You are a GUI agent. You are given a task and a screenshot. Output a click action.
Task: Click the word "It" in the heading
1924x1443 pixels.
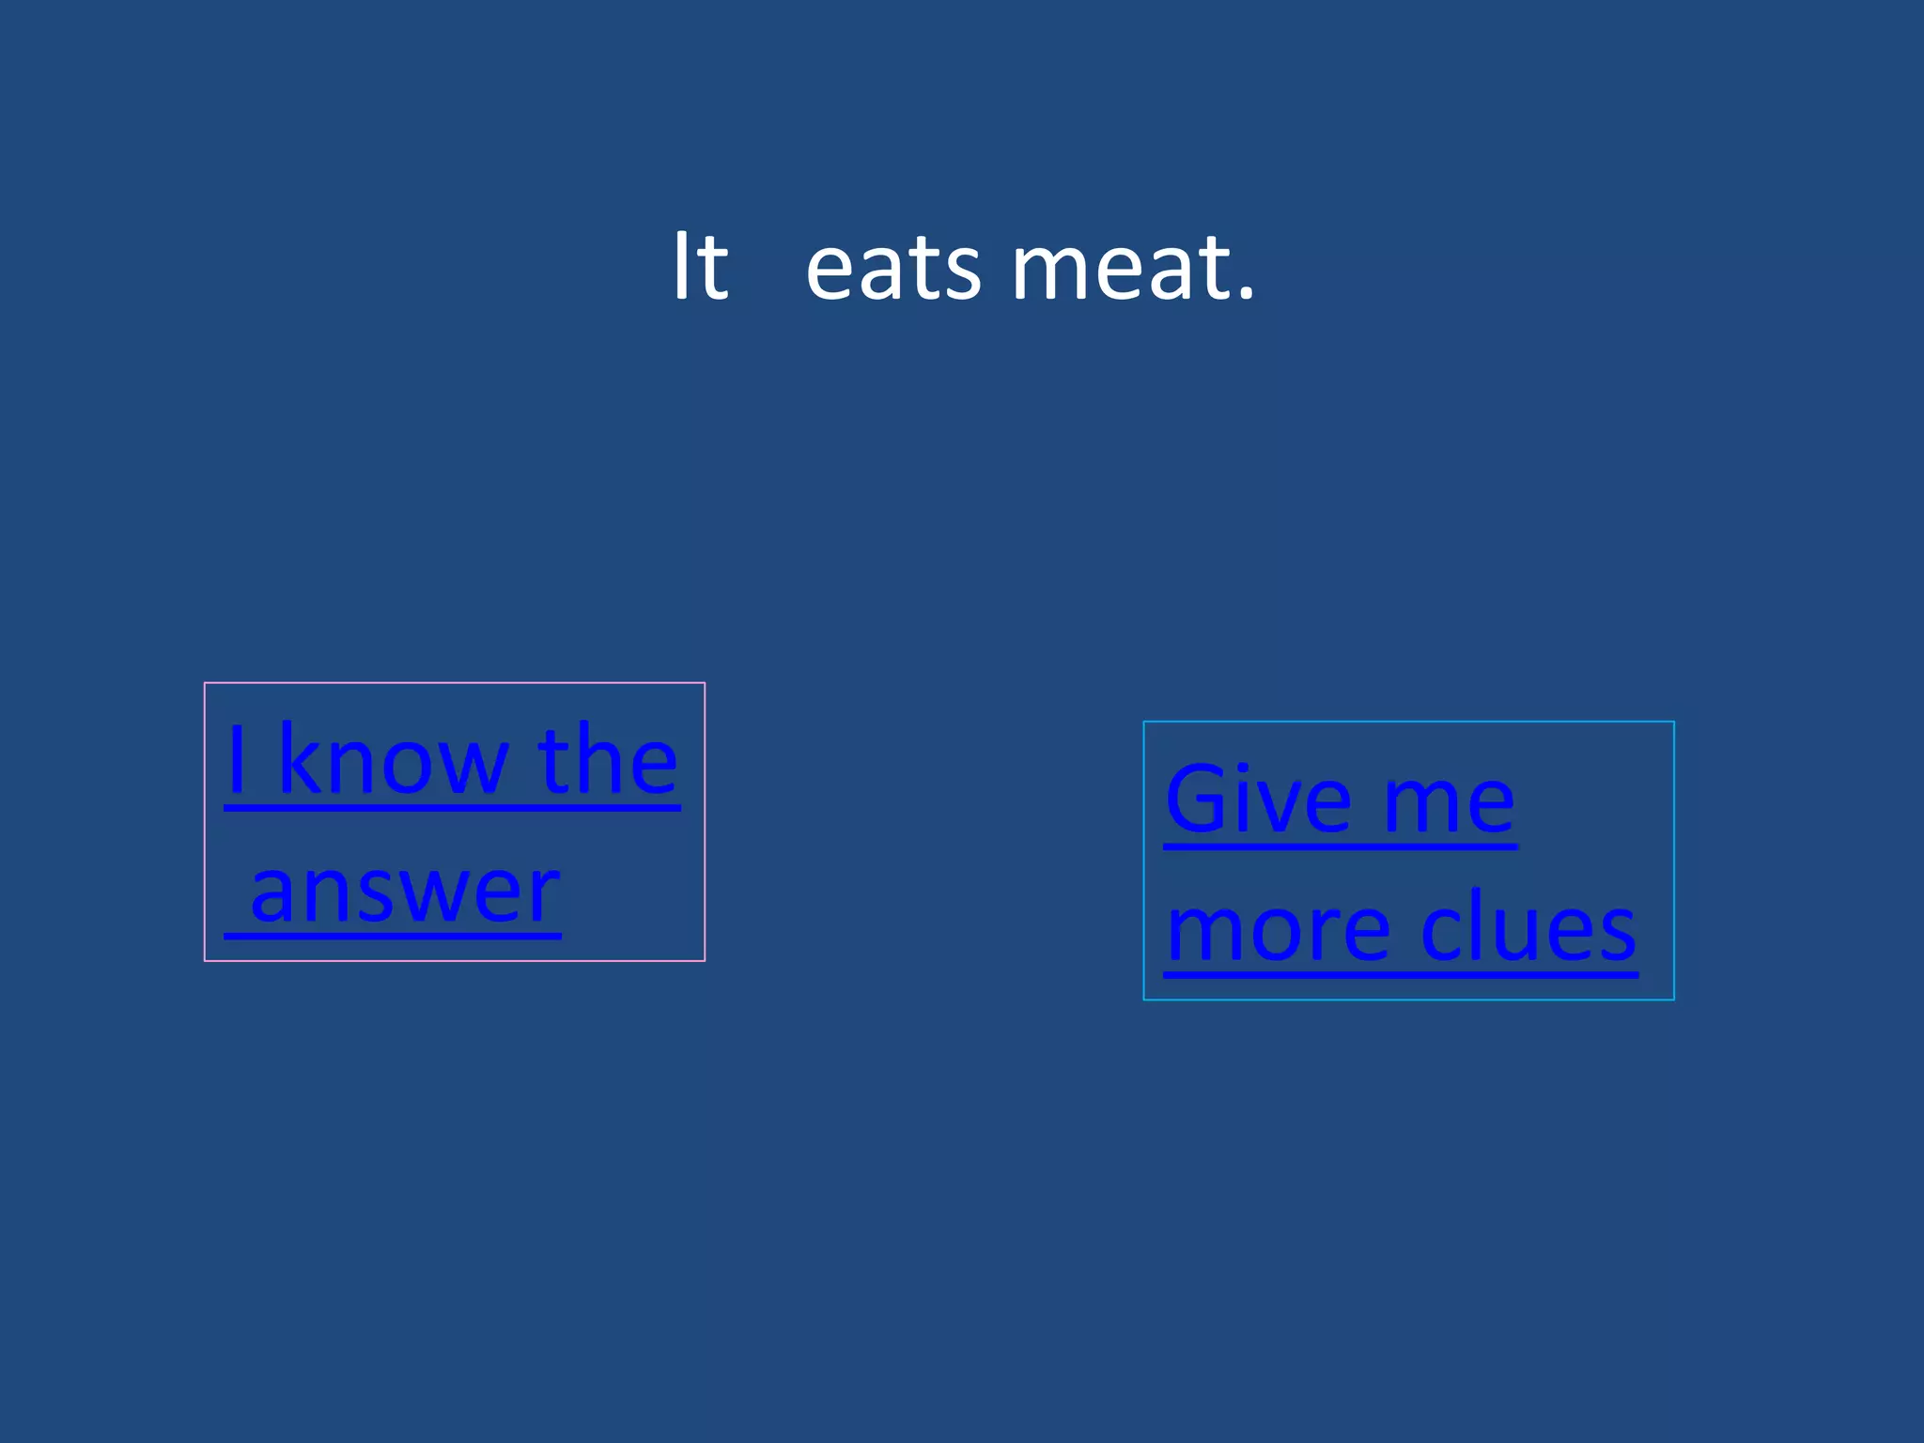click(x=700, y=268)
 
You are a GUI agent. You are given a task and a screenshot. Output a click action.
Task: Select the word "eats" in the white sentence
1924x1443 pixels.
click(x=893, y=270)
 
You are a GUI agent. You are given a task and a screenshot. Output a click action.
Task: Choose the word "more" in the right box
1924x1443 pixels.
click(x=1278, y=930)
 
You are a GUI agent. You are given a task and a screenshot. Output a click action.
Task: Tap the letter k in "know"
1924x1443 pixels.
click(x=301, y=759)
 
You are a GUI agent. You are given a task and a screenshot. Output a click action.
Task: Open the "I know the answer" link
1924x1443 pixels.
click(x=452, y=823)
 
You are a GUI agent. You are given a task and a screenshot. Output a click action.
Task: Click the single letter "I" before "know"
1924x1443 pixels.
click(x=237, y=759)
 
